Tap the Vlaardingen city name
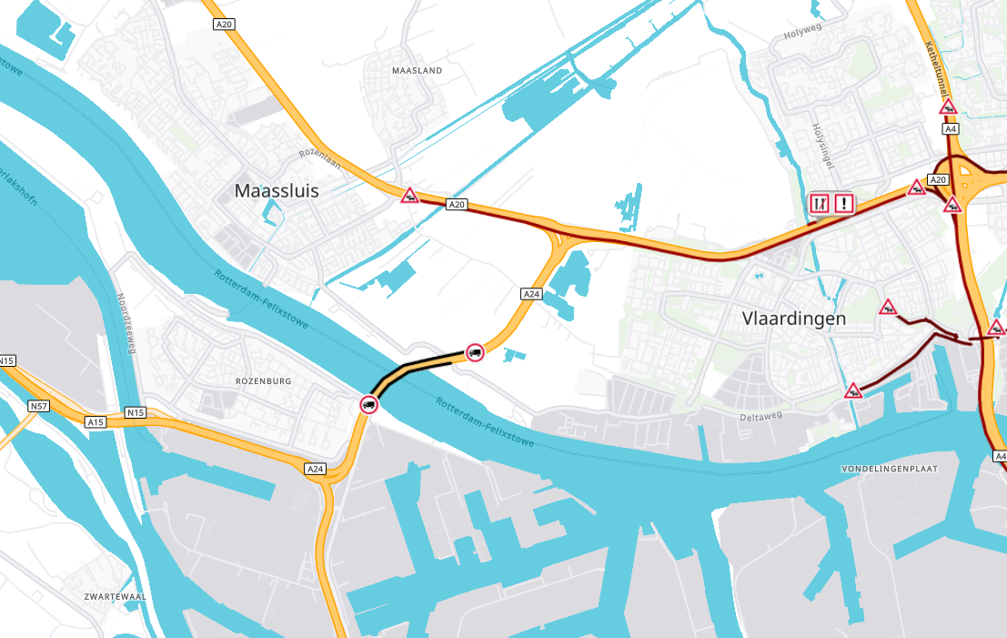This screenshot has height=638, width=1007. click(x=794, y=319)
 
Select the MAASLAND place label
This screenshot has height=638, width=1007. click(x=416, y=70)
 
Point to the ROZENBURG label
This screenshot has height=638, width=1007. click(x=263, y=381)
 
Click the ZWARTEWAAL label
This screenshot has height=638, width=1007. click(x=115, y=596)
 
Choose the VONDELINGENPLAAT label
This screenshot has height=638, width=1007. click(x=901, y=468)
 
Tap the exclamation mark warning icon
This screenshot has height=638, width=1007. click(x=844, y=203)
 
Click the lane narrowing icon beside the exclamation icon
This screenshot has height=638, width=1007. click(x=820, y=203)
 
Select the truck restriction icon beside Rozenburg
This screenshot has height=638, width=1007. click(x=368, y=404)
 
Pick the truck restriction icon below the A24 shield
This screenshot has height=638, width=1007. click(x=474, y=352)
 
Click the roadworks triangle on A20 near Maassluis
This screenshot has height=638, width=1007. click(x=410, y=195)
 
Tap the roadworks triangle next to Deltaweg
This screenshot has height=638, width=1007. click(x=853, y=391)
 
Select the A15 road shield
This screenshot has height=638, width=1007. click(x=96, y=421)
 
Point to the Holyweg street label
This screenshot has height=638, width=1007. click(x=801, y=35)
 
